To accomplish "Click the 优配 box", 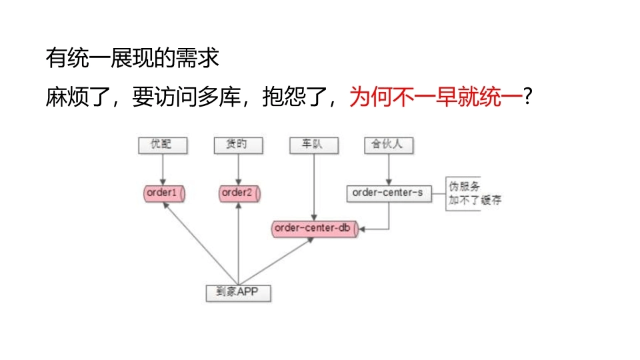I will coord(162,144).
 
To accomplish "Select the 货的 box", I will coord(238,144).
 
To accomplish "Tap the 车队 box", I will coord(313,144).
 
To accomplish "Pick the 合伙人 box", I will coord(389,144).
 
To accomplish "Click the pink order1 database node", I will coord(163,193).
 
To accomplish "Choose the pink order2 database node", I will coord(239,193).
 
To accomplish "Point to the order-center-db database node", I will coord(314,228).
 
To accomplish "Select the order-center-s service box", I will coord(389,193).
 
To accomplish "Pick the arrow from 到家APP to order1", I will coord(200,243).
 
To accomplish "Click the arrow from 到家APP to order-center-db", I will coord(276,261).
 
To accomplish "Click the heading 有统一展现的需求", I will coord(132,59).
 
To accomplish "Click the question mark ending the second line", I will coord(528,98).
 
